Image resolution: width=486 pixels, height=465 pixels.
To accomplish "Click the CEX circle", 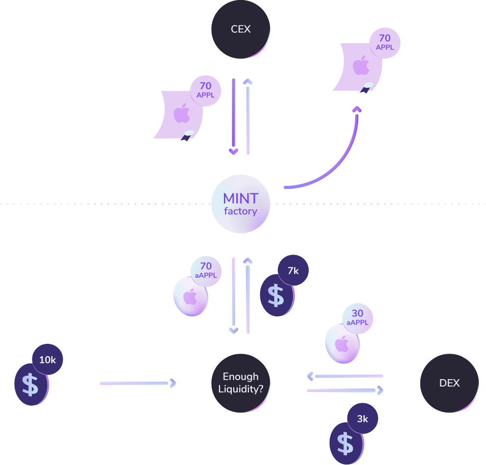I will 241,29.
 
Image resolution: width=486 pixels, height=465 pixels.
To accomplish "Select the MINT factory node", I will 241,204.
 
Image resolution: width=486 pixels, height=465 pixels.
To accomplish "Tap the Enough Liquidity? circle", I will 241,383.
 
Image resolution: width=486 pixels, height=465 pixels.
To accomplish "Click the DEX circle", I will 449,383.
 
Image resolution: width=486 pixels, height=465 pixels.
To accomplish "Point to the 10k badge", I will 48,360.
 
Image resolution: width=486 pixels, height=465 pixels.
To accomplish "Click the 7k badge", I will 293,270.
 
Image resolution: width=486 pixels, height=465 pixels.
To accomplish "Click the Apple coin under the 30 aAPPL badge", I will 342,344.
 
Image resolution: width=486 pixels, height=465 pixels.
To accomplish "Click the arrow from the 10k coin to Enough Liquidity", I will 137,383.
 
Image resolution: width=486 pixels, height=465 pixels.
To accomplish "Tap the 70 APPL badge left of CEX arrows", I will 206,90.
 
